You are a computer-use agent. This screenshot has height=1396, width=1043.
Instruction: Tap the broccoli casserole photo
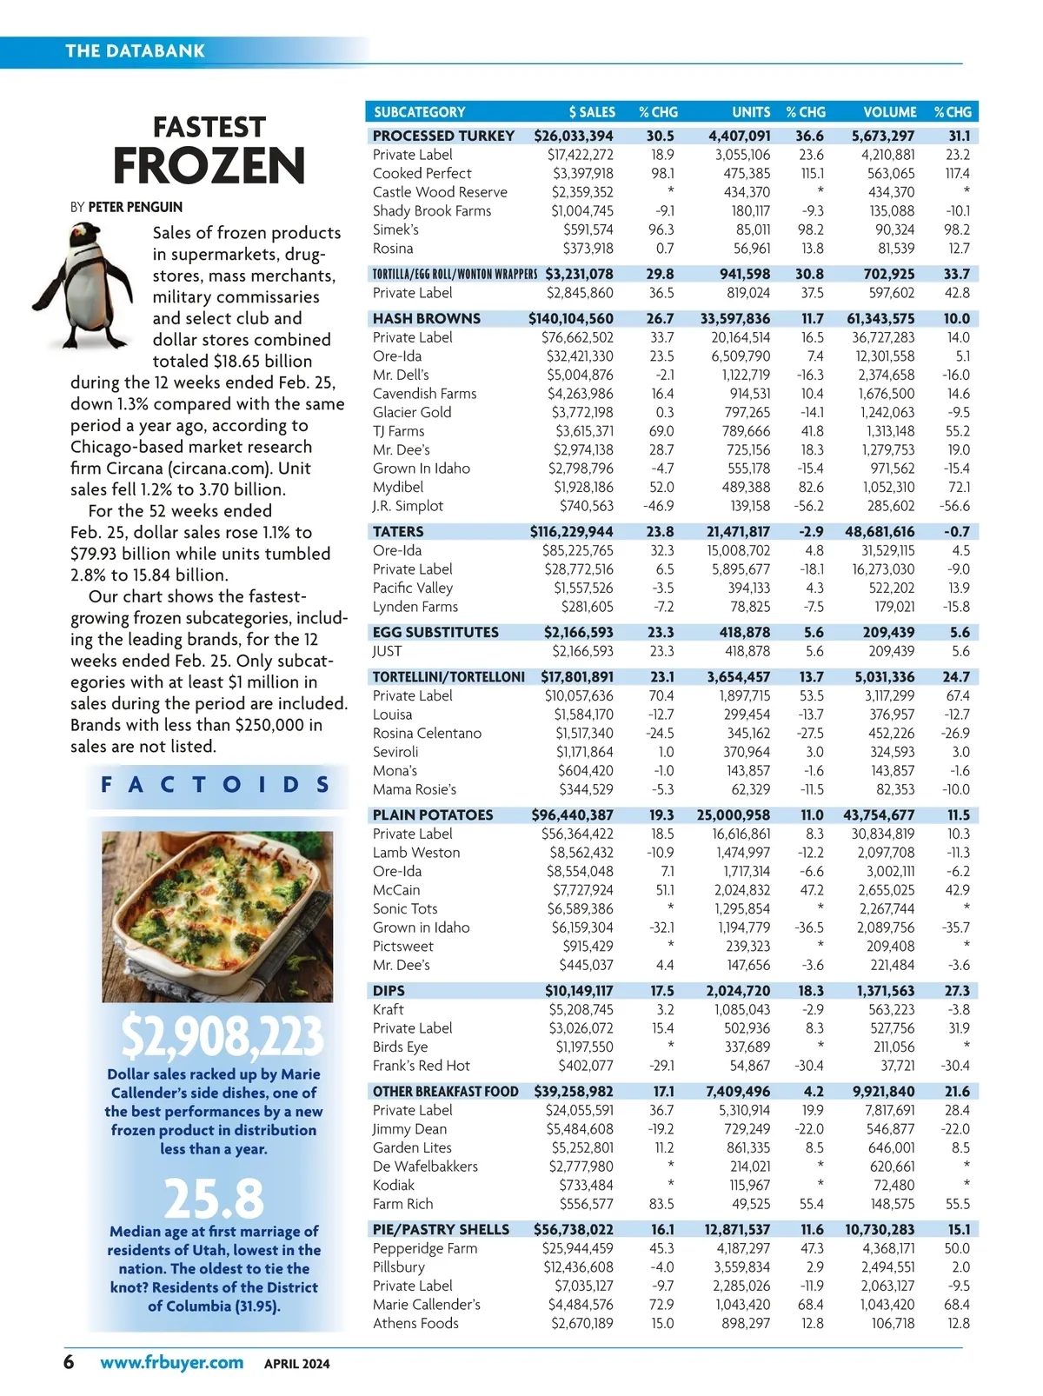tap(217, 916)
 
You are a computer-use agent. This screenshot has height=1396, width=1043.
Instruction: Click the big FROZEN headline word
tap(209, 165)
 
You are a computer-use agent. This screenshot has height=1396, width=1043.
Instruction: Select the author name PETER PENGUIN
tap(136, 207)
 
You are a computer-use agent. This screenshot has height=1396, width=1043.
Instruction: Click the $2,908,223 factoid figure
tap(222, 1036)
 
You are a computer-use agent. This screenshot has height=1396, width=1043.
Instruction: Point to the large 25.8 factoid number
tap(214, 1199)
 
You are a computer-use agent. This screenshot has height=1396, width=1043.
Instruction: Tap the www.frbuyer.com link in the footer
tap(172, 1362)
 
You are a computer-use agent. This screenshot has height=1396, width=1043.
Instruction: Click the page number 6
tap(69, 1361)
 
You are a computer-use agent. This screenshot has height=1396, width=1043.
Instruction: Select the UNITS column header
tap(751, 112)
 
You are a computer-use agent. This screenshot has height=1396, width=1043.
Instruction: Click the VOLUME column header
tap(889, 112)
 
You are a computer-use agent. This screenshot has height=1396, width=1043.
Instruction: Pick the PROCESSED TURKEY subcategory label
tap(443, 136)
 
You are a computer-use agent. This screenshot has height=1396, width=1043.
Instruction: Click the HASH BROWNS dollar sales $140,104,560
tap(570, 318)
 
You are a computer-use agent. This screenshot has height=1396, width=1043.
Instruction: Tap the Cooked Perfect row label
tap(422, 173)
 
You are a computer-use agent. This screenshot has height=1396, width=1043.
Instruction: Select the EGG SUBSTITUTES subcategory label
tap(435, 632)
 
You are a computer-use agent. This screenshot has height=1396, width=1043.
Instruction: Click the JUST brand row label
tap(388, 651)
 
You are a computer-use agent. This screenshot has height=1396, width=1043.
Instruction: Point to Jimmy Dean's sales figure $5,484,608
tap(580, 1128)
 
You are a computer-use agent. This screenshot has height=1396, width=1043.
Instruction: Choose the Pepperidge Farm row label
tap(425, 1248)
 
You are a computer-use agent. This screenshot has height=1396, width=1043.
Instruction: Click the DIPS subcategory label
tap(389, 990)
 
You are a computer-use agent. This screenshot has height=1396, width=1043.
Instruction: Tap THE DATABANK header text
tap(136, 51)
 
